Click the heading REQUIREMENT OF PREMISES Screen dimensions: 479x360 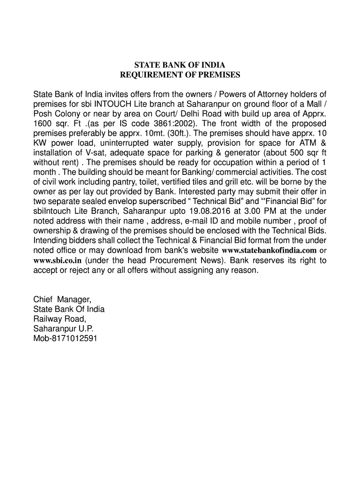tap(180, 75)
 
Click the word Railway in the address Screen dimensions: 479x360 tap(48, 319)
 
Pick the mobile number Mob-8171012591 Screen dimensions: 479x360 tap(65, 339)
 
